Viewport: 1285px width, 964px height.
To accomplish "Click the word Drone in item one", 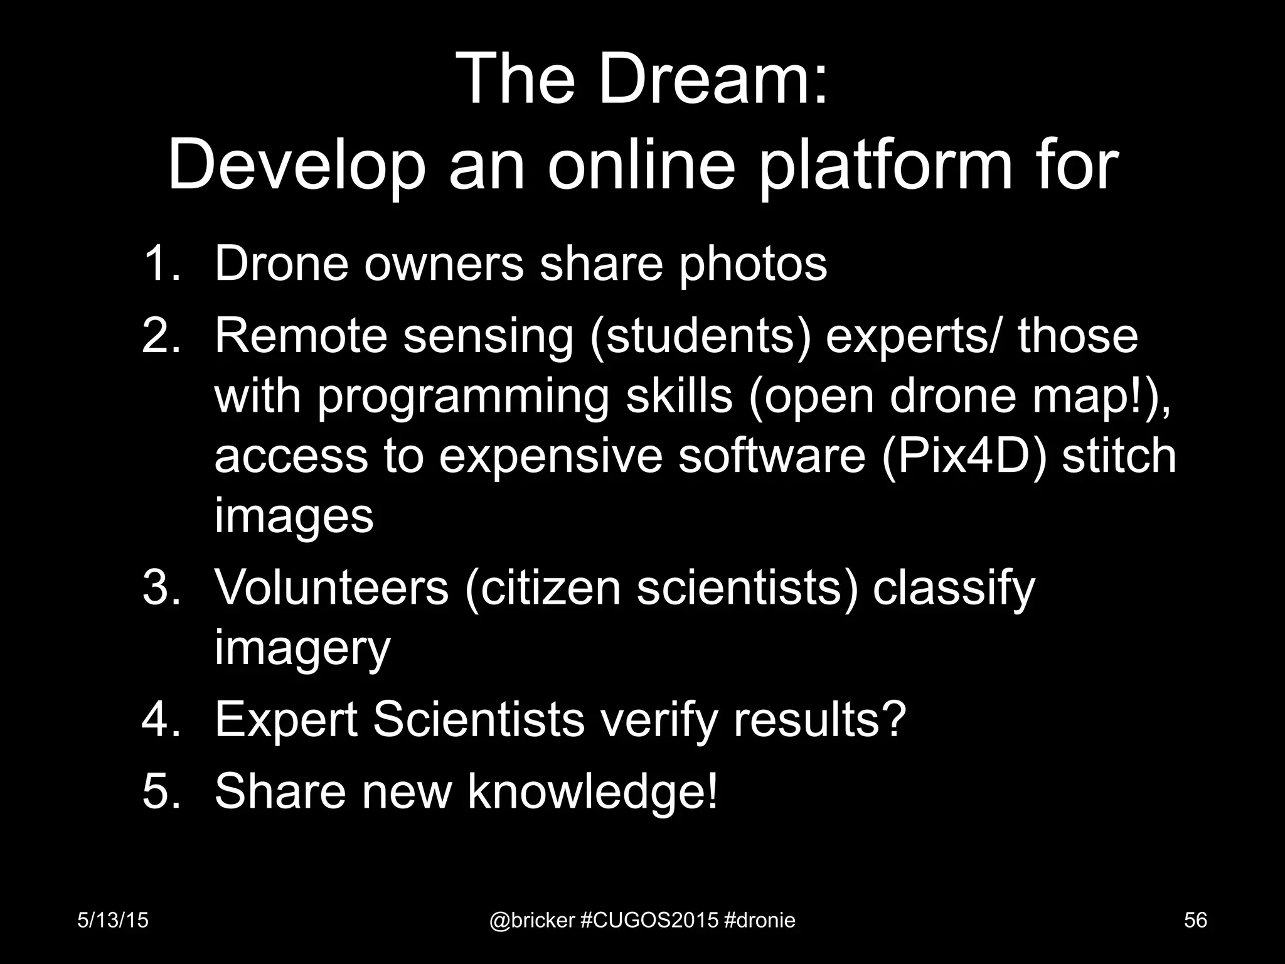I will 281,264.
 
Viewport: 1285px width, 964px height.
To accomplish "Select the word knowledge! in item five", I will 592,791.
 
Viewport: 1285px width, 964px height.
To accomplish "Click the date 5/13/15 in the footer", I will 113,920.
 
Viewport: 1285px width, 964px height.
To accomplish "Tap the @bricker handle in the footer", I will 531,921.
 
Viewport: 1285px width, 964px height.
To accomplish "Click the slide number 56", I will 1195,920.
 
